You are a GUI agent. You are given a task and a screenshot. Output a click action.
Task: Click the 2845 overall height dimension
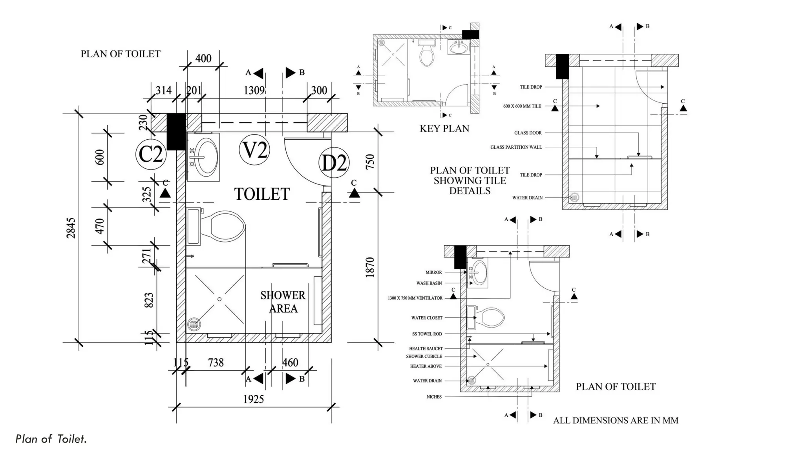click(x=71, y=228)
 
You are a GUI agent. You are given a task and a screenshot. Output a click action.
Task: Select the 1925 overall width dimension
click(x=253, y=399)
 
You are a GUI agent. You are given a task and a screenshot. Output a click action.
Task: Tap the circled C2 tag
click(x=151, y=154)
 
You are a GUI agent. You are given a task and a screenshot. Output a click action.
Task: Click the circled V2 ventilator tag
click(x=254, y=150)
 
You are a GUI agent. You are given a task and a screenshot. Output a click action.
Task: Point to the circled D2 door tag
click(x=334, y=162)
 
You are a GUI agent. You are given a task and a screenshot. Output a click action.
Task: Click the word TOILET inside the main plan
click(x=262, y=194)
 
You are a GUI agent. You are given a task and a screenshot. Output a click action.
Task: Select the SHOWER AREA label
click(x=283, y=302)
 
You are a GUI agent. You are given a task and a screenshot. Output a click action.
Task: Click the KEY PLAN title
click(x=444, y=129)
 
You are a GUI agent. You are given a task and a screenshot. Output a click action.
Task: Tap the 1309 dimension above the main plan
click(x=254, y=91)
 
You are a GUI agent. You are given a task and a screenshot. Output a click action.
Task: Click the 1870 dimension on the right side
click(x=370, y=268)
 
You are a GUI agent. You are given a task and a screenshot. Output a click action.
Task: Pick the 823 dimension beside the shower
click(x=149, y=300)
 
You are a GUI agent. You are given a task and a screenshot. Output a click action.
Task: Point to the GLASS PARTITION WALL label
click(x=516, y=147)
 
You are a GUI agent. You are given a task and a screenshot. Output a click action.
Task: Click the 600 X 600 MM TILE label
click(x=522, y=106)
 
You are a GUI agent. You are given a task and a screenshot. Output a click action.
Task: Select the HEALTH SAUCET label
click(x=426, y=348)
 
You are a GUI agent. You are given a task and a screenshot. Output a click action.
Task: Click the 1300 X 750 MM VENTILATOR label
click(x=415, y=298)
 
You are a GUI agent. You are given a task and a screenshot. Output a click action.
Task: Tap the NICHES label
click(x=434, y=397)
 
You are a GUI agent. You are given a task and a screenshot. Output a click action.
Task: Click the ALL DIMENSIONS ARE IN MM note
click(x=615, y=421)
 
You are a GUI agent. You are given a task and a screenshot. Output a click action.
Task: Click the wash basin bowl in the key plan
click(x=458, y=48)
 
